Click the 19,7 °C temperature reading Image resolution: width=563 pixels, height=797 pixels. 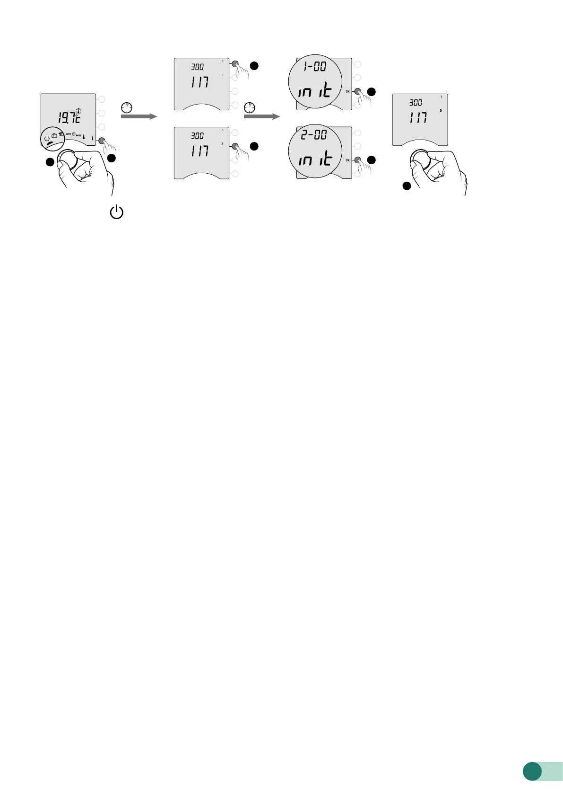69,117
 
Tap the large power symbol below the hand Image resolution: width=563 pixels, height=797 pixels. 117,212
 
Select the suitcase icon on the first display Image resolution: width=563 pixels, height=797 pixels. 54,136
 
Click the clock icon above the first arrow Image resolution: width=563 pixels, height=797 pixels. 126,107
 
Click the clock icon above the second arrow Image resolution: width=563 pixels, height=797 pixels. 250,107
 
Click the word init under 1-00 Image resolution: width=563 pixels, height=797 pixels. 314,90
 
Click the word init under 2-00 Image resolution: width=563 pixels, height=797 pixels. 314,159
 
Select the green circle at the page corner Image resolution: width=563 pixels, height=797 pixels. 532,770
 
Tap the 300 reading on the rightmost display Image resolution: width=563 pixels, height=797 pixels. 416,102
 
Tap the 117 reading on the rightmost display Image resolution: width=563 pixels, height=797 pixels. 418,117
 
